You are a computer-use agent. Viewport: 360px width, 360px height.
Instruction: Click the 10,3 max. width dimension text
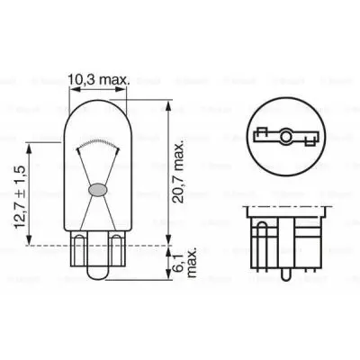pos(100,79)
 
